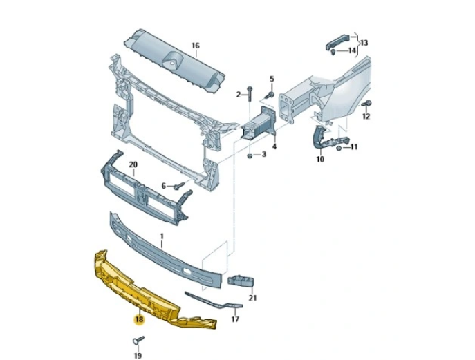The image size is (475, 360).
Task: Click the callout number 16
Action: pyautogui.click(x=196, y=46)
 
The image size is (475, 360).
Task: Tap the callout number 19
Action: pyautogui.click(x=137, y=355)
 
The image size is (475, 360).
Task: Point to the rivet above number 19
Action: pyautogui.click(x=136, y=340)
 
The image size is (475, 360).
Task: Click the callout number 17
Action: pyautogui.click(x=235, y=320)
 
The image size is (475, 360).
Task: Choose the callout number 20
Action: pyautogui.click(x=134, y=164)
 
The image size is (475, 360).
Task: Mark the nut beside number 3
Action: pyautogui.click(x=248, y=155)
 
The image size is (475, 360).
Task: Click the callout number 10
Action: pyautogui.click(x=320, y=160)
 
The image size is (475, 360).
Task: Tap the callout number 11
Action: pyautogui.click(x=354, y=147)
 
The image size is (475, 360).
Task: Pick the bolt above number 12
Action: pyautogui.click(x=366, y=103)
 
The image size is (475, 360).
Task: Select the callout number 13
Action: pyautogui.click(x=364, y=43)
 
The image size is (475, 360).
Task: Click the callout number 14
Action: pyautogui.click(x=352, y=50)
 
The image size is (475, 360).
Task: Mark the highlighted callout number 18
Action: pyautogui.click(x=139, y=320)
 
